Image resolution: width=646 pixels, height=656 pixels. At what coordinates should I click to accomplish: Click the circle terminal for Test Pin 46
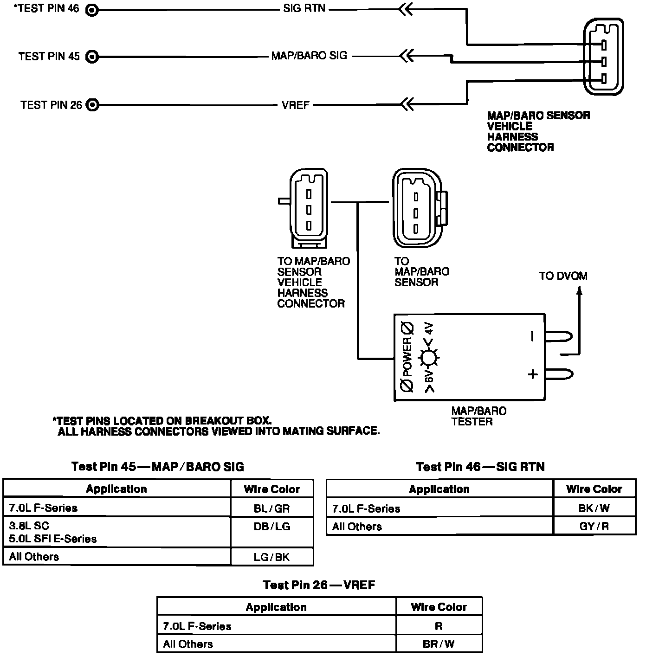[92, 9]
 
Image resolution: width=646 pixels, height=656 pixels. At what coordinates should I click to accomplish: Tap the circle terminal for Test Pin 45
[92, 57]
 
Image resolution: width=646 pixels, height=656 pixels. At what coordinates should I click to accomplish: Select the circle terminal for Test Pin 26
[93, 105]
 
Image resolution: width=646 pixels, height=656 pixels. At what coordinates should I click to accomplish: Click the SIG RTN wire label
[304, 9]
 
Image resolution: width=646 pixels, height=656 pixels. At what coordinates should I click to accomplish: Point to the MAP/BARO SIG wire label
[309, 56]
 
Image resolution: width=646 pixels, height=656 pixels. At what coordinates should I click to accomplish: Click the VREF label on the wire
[295, 105]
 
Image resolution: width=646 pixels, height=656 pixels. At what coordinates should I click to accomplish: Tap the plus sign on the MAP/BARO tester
[533, 374]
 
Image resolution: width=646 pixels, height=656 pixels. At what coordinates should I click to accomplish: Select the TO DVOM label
[563, 277]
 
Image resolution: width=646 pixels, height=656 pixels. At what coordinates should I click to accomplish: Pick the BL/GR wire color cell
[272, 508]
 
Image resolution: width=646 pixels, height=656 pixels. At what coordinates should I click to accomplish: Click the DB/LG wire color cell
[272, 527]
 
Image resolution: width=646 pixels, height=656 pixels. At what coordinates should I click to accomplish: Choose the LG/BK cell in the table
[272, 557]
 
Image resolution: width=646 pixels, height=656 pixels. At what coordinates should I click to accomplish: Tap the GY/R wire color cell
[594, 527]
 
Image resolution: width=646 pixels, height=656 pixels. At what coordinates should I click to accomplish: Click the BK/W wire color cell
[594, 508]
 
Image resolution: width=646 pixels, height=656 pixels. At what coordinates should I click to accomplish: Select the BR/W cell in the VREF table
[439, 644]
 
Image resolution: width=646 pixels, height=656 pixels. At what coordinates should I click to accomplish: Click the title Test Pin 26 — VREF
[319, 585]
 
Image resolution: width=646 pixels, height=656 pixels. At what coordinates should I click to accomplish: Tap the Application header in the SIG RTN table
[439, 489]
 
